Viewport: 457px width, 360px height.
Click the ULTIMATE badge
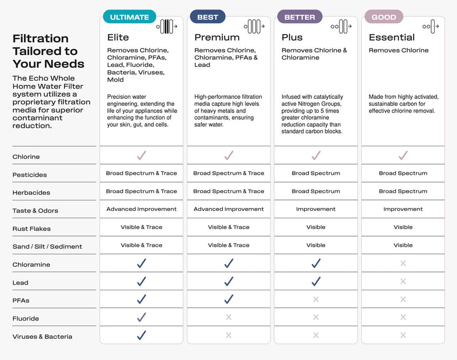130,17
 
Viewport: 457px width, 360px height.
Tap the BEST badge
207,17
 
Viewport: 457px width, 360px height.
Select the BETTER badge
299,17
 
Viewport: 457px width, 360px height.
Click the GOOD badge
384,17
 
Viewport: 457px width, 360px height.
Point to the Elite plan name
118,38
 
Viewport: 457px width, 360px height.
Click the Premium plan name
217,38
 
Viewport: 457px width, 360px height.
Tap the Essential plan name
392,38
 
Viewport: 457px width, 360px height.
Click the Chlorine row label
26,157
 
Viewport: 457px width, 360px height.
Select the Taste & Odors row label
35,211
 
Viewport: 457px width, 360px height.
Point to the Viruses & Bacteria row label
42,337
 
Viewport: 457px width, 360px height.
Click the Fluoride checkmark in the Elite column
142,317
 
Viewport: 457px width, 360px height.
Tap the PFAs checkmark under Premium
228,299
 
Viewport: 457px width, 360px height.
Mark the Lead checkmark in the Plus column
316,281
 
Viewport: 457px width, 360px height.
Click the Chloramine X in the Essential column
403,263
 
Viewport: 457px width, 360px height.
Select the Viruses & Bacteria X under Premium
228,335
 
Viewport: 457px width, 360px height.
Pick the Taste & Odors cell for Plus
316,209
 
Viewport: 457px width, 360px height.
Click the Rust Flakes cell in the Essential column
403,227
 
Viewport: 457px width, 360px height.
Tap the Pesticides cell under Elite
142,173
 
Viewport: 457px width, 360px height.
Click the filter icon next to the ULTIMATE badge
167,26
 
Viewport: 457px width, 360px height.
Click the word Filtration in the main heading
41,38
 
